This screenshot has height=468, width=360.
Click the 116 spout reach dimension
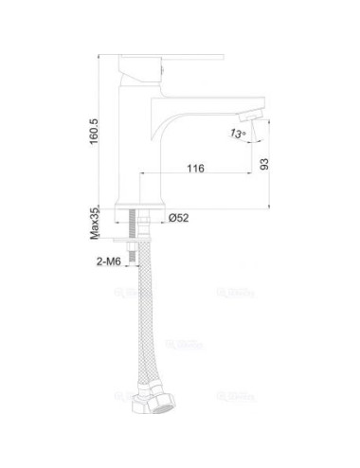click(196, 169)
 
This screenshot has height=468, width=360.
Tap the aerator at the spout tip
click(249, 116)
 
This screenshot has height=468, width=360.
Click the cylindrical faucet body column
click(138, 142)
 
